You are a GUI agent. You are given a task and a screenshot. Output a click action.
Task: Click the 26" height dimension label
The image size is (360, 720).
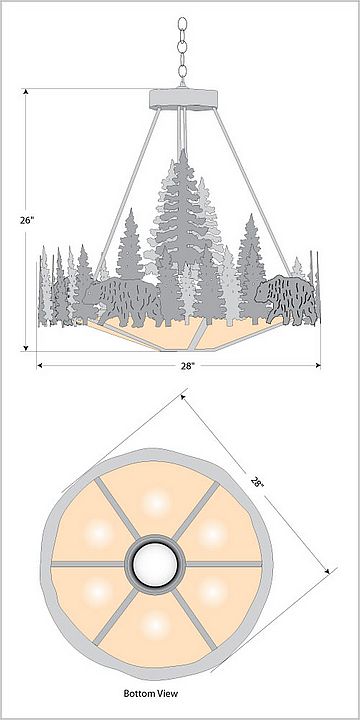(27, 220)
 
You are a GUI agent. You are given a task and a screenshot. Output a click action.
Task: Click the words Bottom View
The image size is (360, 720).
(151, 693)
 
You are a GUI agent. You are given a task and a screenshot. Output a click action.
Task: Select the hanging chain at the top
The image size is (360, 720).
(182, 51)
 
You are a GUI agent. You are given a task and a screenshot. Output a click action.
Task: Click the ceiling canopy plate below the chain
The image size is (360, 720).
(183, 99)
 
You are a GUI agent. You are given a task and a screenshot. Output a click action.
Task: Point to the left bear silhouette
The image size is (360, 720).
(122, 300)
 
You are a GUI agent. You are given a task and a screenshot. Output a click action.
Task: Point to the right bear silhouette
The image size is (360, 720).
(285, 299)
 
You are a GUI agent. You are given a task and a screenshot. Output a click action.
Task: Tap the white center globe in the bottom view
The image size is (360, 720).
(155, 564)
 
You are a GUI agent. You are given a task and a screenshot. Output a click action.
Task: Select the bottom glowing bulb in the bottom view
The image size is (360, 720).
(156, 625)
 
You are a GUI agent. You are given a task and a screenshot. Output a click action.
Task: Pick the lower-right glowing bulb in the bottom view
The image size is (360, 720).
(213, 593)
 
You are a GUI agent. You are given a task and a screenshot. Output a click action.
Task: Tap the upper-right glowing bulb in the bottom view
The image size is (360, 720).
(213, 534)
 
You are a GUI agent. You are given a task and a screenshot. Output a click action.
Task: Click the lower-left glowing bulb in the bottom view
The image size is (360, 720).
(98, 592)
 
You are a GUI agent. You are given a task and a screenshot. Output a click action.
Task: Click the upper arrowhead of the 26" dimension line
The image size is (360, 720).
(26, 92)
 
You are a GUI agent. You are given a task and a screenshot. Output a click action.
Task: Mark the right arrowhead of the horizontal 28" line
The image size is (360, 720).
(317, 366)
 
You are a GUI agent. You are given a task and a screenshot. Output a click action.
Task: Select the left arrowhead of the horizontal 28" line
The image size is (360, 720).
(40, 366)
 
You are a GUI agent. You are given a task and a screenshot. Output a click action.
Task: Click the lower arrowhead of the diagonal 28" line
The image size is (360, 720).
(327, 570)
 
